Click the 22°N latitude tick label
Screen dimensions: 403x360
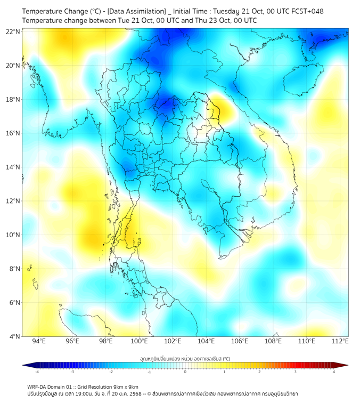(13, 31)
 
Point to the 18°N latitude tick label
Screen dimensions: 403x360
(13, 100)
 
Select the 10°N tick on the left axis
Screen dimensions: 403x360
(13, 235)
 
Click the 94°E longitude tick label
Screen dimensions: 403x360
(39, 342)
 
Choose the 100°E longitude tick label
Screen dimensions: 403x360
(139, 342)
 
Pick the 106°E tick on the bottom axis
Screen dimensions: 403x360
(240, 342)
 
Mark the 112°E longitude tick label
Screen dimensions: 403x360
(340, 342)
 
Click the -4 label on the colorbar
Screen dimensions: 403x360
(37, 372)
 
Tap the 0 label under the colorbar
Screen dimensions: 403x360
(185, 372)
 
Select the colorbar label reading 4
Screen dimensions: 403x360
(333, 372)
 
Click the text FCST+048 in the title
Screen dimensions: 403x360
(307, 11)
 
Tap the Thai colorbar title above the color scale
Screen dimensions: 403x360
(185, 358)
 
